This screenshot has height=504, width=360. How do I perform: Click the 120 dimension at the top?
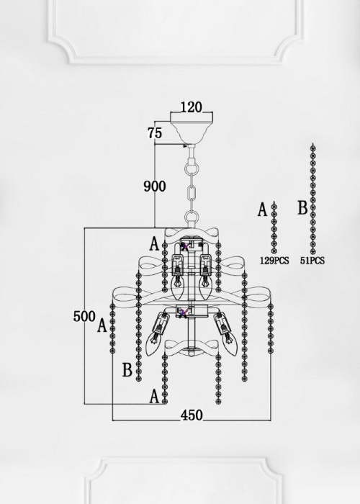coord(192,107)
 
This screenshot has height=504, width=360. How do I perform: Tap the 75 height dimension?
coord(155,132)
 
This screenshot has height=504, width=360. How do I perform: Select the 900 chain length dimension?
coord(155,186)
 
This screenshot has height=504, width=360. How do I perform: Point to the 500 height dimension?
coord(84,316)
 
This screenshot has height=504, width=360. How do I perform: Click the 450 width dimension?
coord(192,415)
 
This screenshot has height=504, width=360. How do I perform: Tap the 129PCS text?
coord(274,261)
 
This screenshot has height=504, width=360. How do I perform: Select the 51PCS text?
coord(312,261)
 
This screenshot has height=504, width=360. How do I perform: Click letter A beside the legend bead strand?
coord(263,210)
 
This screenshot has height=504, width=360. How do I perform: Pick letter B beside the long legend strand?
coord(302,207)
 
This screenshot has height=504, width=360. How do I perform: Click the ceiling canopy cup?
coord(192,128)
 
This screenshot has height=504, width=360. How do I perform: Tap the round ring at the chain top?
coord(192,168)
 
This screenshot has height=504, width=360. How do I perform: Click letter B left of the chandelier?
coord(127,369)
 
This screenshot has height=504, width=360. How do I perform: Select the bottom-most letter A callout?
coord(155,396)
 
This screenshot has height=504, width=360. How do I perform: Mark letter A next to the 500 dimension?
coord(102,325)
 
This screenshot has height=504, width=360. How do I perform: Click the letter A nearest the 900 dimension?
coord(155,243)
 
